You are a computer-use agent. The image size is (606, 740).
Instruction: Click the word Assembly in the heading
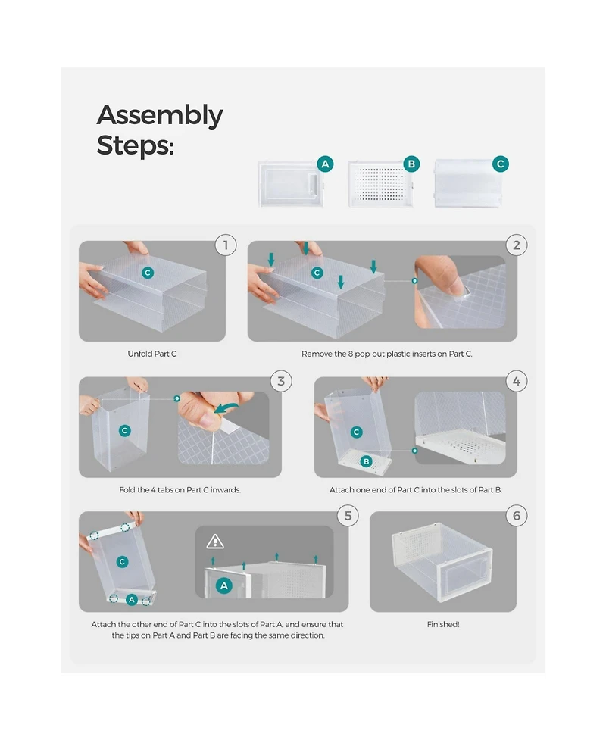click(160, 116)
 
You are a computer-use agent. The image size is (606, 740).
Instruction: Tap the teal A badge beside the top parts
click(325, 164)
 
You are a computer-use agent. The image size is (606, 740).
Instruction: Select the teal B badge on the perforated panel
click(411, 164)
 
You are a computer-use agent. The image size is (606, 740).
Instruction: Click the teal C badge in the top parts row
click(500, 164)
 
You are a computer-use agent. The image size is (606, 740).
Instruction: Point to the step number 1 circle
click(226, 245)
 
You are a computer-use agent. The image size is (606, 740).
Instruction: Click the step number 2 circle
click(517, 245)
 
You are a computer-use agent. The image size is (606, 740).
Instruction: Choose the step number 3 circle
click(281, 381)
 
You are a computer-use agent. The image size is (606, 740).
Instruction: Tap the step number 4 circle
click(517, 381)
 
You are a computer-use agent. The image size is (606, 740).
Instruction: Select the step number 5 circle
click(348, 516)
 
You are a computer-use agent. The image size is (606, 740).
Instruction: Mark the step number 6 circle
click(517, 516)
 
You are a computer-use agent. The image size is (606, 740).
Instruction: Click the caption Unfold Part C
click(152, 354)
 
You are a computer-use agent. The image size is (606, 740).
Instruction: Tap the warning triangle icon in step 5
click(215, 541)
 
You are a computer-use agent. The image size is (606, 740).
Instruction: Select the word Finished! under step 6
click(443, 624)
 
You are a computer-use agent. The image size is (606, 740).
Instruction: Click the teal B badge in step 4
click(366, 461)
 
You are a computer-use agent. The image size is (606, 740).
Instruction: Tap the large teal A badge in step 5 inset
click(224, 586)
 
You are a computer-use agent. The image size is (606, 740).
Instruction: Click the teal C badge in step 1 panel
click(148, 273)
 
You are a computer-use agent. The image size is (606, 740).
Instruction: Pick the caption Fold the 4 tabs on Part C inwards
click(180, 490)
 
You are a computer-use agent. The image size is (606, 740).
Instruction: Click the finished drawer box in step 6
click(442, 561)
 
